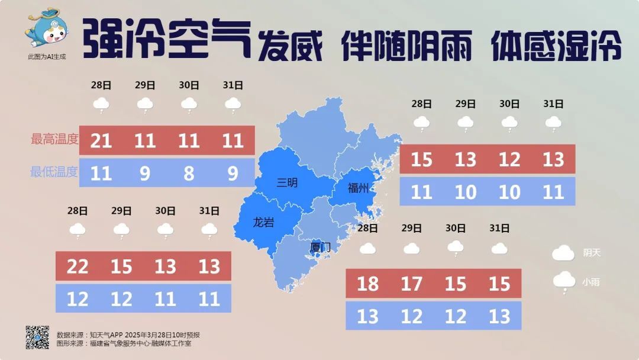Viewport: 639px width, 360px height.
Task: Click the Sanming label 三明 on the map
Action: click(288, 183)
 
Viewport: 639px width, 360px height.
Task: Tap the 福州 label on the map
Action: click(358, 188)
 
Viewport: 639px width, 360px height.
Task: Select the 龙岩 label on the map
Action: click(263, 223)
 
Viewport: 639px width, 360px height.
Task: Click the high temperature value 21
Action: click(101, 140)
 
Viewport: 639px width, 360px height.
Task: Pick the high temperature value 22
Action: click(78, 266)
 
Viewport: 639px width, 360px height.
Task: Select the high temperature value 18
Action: click(367, 284)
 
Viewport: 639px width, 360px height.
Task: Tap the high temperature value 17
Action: click(411, 284)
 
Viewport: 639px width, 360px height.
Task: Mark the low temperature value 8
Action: click(189, 173)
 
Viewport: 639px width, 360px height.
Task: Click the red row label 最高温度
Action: click(54, 140)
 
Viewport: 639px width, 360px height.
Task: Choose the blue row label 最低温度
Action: click(54, 172)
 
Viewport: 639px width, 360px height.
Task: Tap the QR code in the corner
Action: click(37, 337)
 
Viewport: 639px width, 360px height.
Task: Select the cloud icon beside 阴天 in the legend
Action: click(563, 253)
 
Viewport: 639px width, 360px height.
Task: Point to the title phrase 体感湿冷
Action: click(556, 45)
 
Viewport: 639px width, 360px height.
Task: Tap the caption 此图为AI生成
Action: click(47, 57)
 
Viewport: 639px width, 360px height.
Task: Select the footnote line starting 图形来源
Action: click(124, 343)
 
